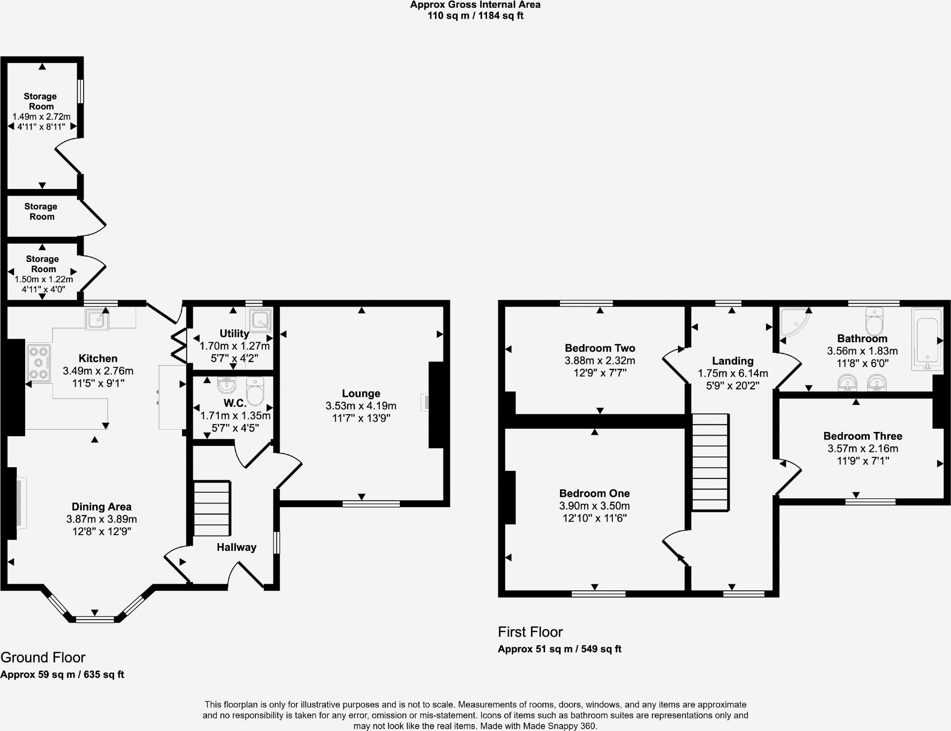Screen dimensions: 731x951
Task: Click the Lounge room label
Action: tap(361, 393)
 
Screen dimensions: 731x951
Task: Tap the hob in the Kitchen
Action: tap(39, 363)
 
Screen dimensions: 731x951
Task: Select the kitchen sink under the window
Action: tap(97, 320)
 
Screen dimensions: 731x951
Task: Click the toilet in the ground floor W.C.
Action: tap(255, 392)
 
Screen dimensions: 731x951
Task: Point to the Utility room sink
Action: tap(260, 320)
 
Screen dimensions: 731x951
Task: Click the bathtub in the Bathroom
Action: tap(927, 339)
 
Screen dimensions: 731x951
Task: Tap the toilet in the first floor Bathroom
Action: tap(874, 321)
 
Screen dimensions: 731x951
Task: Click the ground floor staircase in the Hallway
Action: tap(212, 509)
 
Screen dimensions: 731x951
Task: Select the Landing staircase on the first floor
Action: tap(710, 462)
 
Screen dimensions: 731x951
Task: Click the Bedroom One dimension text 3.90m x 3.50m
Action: tap(594, 506)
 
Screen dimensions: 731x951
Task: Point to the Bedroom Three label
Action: tap(862, 436)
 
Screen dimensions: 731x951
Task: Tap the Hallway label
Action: tap(236, 547)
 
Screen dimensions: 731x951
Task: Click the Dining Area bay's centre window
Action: tap(95, 619)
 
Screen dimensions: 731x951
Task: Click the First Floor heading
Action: tap(530, 632)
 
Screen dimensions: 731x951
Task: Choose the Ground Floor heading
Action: tap(43, 657)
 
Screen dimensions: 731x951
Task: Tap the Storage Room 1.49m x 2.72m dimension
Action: tap(41, 117)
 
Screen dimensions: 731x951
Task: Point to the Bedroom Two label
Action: tap(599, 348)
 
